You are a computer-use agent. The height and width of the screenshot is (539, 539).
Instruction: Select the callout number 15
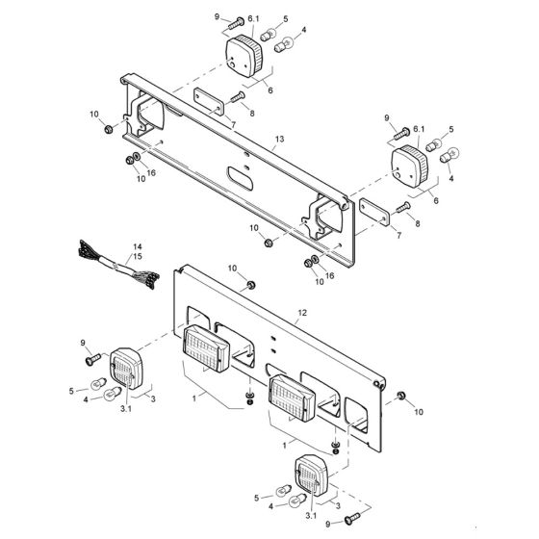tap(136, 258)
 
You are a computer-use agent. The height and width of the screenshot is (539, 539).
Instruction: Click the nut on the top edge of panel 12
tap(250, 285)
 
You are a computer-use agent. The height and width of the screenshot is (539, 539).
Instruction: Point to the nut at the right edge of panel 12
tap(400, 397)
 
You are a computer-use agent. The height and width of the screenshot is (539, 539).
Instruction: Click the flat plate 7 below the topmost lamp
tap(205, 99)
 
